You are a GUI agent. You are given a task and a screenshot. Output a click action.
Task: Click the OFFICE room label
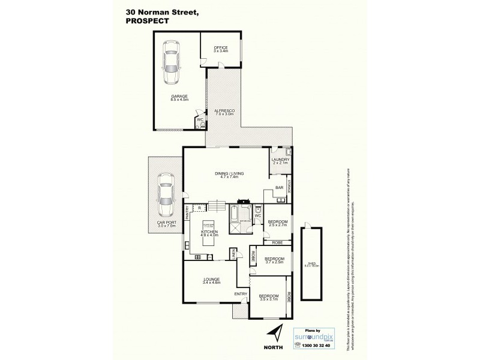pyautogui.click(x=220, y=49)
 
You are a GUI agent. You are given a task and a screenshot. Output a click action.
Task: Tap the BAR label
pyautogui.click(x=278, y=188)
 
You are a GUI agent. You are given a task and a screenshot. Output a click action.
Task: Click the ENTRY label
pyautogui.click(x=241, y=293)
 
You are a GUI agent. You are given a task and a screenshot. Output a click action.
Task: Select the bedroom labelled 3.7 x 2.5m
pyautogui.click(x=274, y=260)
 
